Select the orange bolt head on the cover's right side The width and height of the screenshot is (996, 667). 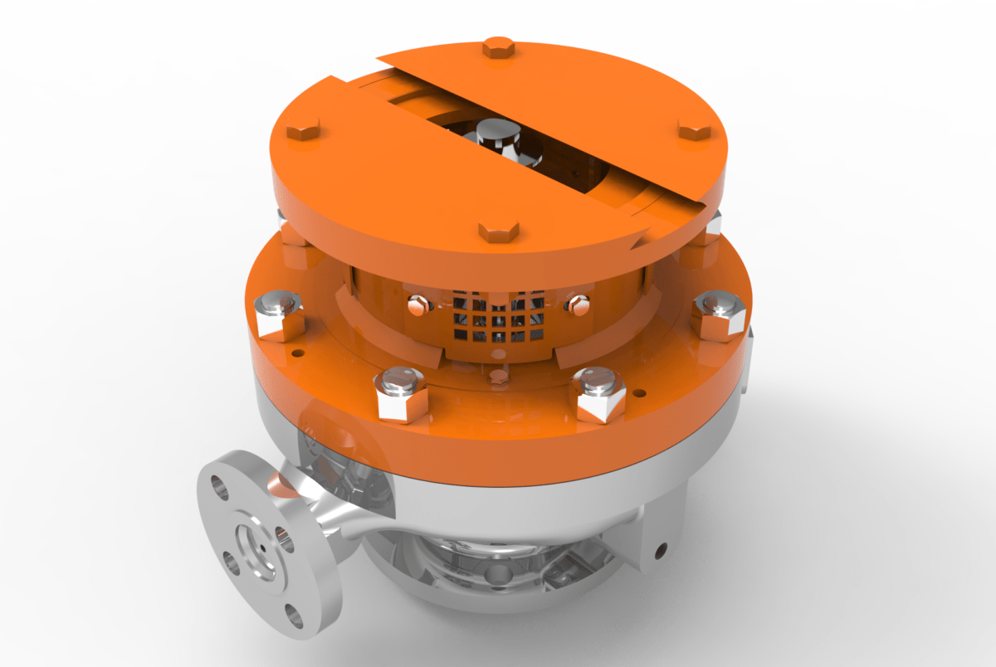tap(695, 130)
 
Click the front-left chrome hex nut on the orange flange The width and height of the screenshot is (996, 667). tap(402, 393)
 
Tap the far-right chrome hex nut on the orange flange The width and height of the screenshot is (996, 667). tap(719, 315)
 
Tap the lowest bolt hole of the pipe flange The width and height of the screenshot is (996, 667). tap(296, 616)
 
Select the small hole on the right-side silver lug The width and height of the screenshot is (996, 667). tap(662, 548)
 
